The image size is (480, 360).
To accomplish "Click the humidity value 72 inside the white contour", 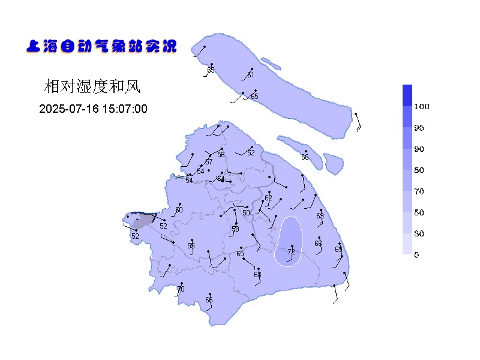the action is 292,252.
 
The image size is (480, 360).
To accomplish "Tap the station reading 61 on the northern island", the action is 250,75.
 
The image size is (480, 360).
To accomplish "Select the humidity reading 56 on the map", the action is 221,155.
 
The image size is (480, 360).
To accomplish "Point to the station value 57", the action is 209,162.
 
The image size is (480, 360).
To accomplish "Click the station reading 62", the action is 268,198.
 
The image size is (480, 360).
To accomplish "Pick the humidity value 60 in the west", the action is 179,210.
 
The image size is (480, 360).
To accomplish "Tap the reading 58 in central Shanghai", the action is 235,229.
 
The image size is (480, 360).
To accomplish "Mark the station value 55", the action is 191,246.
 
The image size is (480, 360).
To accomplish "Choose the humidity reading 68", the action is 257,275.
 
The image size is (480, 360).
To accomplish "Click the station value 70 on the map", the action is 181,289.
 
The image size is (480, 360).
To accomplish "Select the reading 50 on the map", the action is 246,213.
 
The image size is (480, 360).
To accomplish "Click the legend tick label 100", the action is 422,107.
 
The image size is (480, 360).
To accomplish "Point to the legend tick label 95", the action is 419,128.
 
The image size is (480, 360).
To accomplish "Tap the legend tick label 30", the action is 419,234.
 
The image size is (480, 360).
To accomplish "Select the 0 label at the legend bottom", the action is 416,255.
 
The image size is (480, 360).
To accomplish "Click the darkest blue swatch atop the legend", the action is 407,95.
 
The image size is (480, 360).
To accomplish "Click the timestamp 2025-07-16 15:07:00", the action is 93,109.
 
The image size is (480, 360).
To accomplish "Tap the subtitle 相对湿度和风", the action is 92,87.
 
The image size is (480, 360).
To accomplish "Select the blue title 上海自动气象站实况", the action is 101,46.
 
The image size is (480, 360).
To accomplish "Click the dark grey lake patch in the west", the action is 143,222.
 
